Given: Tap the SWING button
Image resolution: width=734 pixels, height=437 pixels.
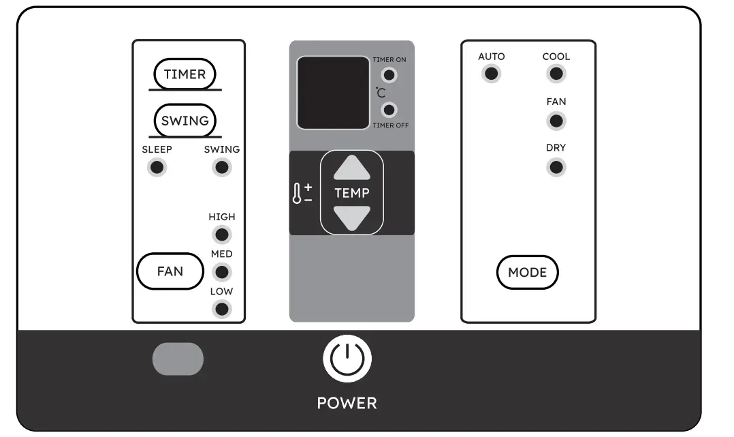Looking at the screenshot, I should pyautogui.click(x=185, y=121).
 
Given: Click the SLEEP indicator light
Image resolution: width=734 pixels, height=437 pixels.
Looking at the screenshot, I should pyautogui.click(x=157, y=167).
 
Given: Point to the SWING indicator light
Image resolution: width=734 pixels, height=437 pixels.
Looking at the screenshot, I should pyautogui.click(x=221, y=167).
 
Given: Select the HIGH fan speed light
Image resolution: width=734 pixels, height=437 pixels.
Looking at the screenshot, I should pyautogui.click(x=221, y=235).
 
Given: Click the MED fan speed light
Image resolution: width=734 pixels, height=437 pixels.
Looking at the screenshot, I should pyautogui.click(x=221, y=272).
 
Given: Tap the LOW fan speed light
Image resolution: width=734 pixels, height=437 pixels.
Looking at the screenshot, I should pyautogui.click(x=221, y=309).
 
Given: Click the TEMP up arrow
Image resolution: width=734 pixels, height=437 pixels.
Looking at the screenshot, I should pyautogui.click(x=352, y=168).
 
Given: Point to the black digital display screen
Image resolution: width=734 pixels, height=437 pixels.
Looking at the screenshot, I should pyautogui.click(x=333, y=93).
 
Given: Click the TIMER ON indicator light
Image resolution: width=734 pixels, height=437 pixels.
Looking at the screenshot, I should pyautogui.click(x=389, y=74).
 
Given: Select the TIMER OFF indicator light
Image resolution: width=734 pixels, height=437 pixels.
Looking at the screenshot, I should pyautogui.click(x=389, y=110).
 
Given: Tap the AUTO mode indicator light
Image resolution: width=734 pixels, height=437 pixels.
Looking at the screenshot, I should pyautogui.click(x=491, y=74).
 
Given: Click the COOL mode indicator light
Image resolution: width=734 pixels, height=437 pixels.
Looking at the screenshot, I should pyautogui.click(x=556, y=74).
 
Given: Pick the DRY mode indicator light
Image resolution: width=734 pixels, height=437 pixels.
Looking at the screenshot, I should pyautogui.click(x=556, y=167).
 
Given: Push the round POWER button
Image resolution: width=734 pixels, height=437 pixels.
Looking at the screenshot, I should pyautogui.click(x=347, y=360).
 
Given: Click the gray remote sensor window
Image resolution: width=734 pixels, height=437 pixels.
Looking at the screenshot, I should pyautogui.click(x=178, y=359).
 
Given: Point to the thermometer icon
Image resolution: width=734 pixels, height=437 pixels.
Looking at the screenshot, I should pyautogui.click(x=297, y=194).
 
